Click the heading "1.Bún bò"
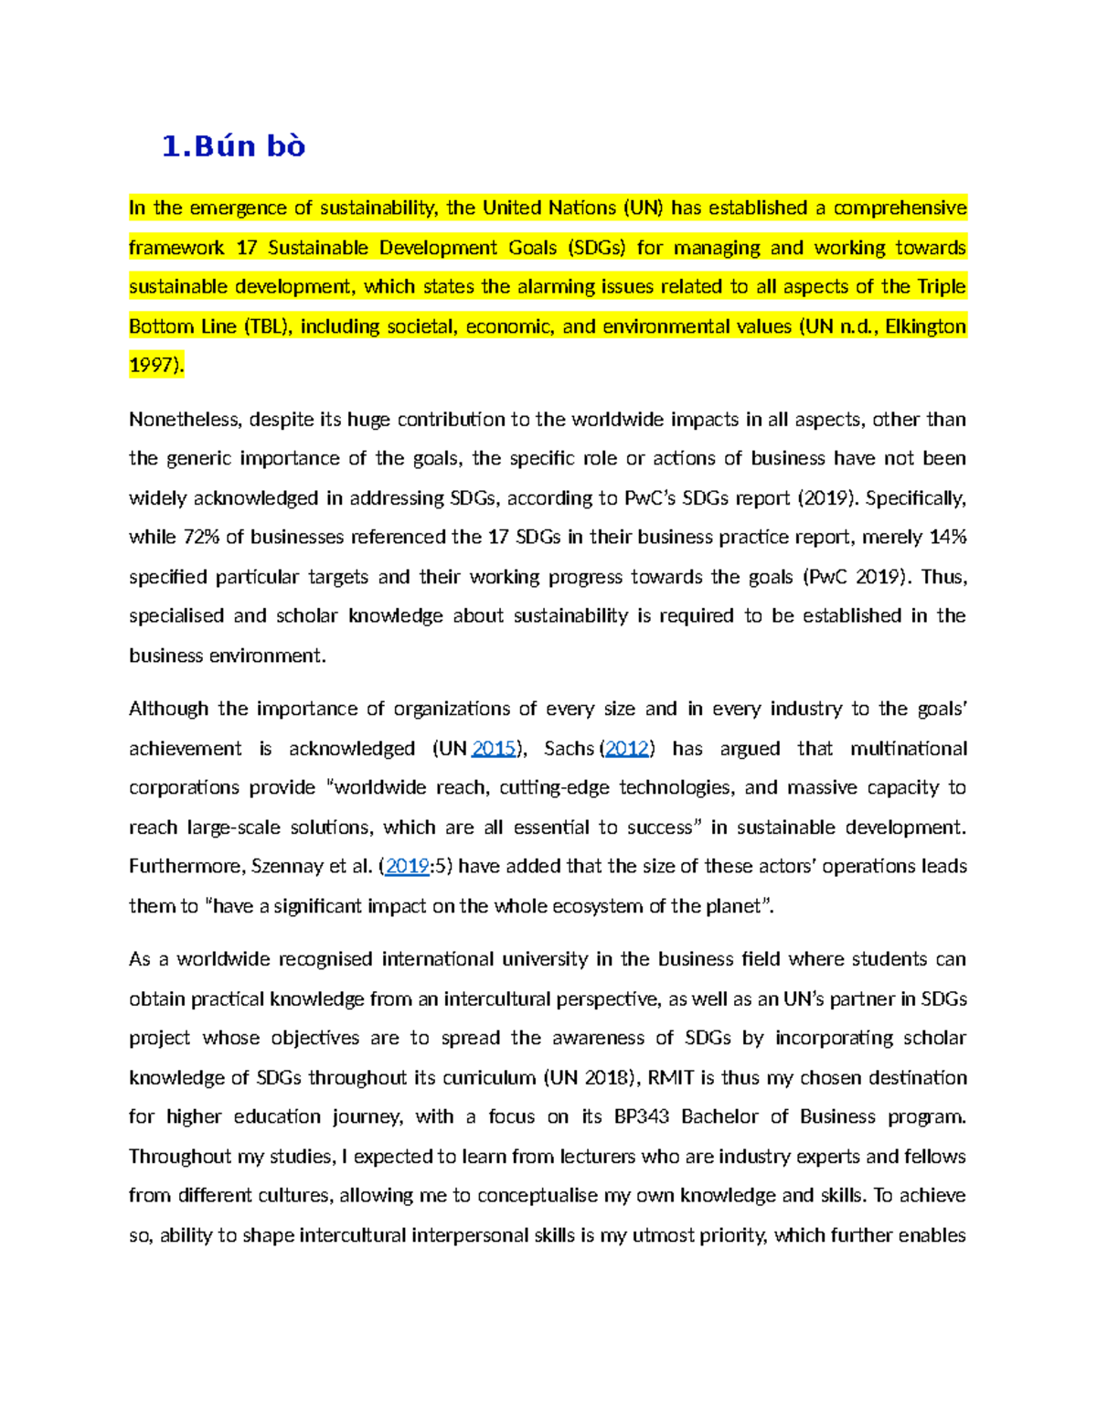click(233, 146)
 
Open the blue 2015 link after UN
click(493, 749)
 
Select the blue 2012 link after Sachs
click(627, 749)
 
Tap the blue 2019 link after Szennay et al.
click(407, 867)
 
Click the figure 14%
click(947, 538)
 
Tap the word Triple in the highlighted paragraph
click(942, 287)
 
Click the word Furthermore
click(181, 867)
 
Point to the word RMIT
click(672, 1078)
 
